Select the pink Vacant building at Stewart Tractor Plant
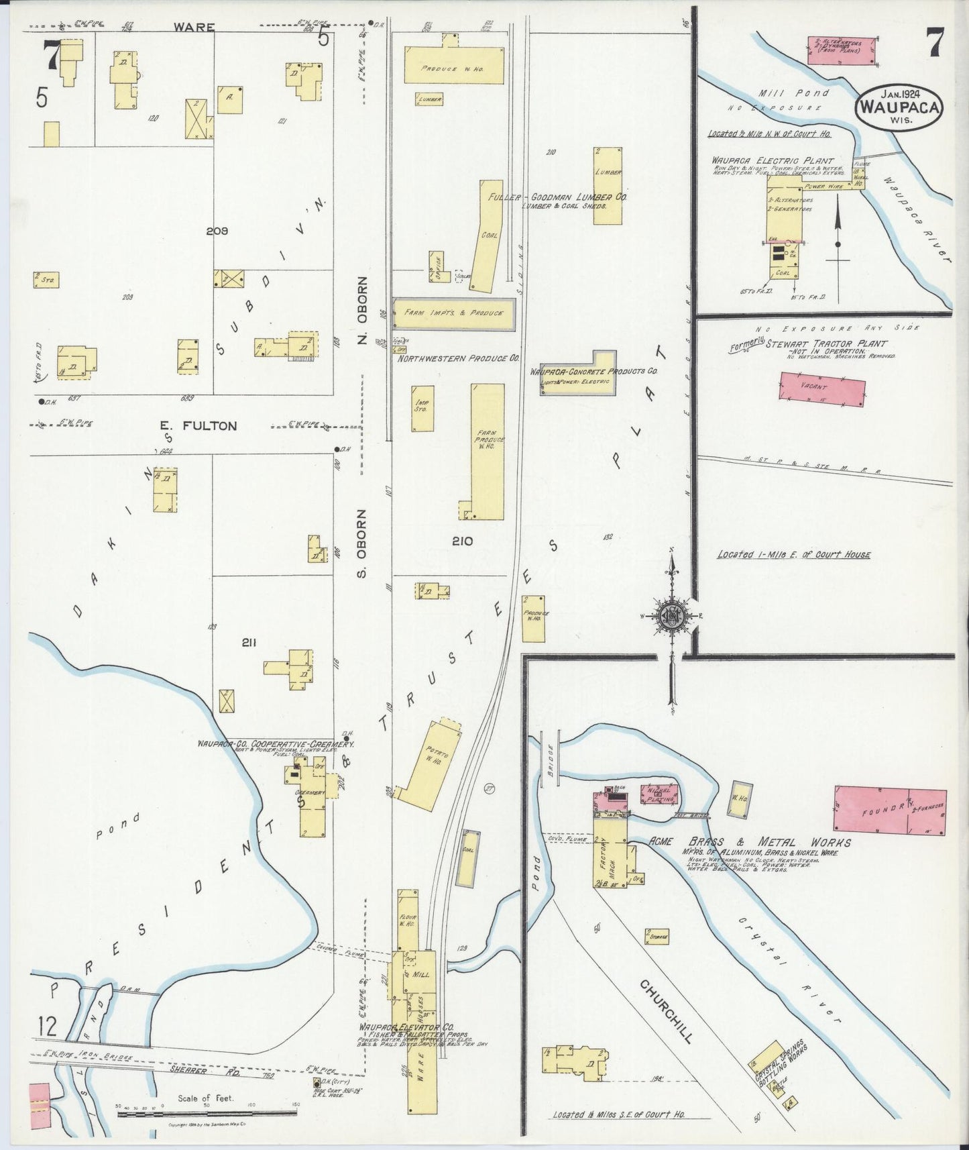point(821,389)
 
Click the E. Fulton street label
point(198,425)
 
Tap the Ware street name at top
point(194,28)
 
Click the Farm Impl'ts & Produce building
point(453,313)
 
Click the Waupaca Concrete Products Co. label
point(593,371)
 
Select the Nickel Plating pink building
point(660,794)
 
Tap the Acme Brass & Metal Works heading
point(750,843)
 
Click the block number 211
point(249,643)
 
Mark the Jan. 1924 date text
point(899,93)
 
